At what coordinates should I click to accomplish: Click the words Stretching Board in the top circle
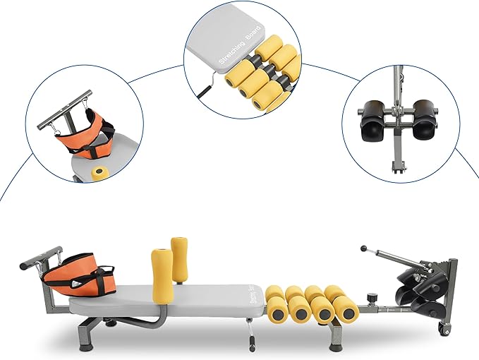(240, 44)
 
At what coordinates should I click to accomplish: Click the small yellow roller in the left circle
(99, 173)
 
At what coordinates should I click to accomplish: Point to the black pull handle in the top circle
(205, 91)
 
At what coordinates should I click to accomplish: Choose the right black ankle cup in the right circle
(424, 120)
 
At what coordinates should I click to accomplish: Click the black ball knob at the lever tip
(363, 248)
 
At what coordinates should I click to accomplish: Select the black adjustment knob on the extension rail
(372, 296)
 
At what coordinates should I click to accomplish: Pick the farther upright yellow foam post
(179, 260)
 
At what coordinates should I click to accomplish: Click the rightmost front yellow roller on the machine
(346, 310)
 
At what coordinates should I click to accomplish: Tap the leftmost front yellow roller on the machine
(277, 310)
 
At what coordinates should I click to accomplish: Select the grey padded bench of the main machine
(166, 301)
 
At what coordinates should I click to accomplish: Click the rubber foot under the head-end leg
(85, 347)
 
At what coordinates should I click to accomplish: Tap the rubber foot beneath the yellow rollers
(335, 347)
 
